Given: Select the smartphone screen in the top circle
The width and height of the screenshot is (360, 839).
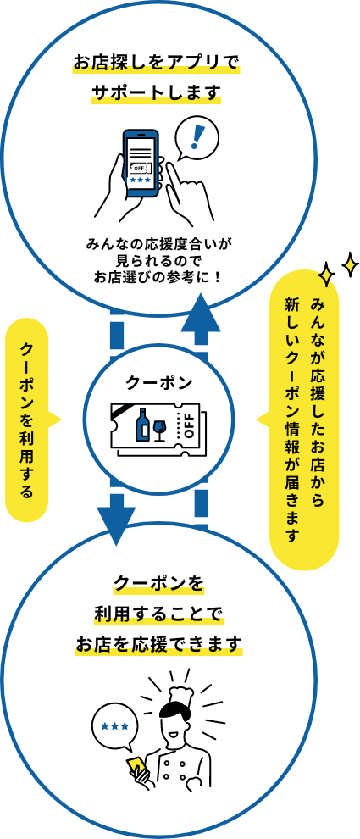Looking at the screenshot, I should point(141,161).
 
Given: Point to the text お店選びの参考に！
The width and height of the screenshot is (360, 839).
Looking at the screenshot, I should point(158,275).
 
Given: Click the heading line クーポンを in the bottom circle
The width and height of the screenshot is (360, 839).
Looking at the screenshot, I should point(158,584).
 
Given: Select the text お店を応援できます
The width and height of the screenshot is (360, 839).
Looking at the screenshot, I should point(158,643).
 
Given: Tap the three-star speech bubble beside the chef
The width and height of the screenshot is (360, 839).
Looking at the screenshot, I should point(115,726).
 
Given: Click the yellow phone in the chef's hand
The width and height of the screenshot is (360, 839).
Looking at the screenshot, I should point(135,767).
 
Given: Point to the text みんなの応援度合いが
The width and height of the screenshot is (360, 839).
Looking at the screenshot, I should point(158,243).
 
